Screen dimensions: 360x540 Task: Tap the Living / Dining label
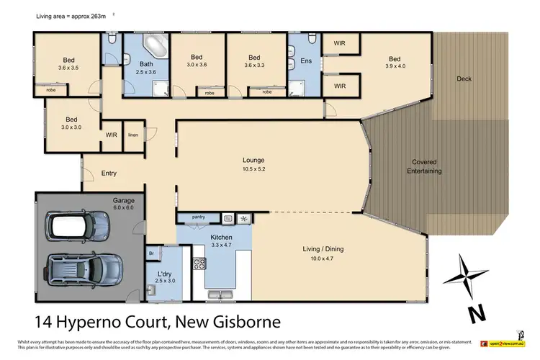pos(322,249)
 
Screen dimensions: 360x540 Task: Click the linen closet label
pos(132,135)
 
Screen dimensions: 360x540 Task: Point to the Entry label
pos(109,173)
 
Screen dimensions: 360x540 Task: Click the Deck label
pos(464,79)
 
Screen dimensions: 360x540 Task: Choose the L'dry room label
pos(164,274)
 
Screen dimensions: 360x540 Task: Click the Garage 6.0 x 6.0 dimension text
pos(122,207)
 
